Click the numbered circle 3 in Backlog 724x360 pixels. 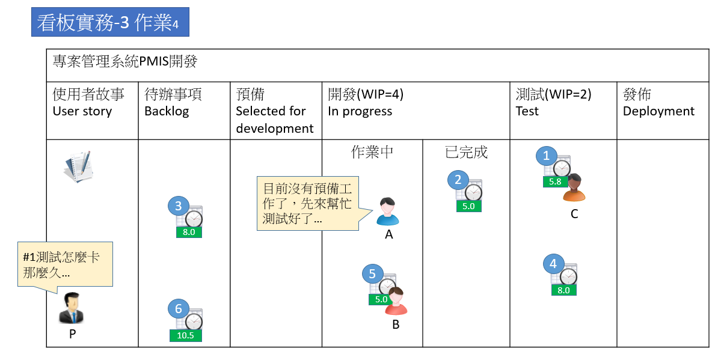[x=178, y=207]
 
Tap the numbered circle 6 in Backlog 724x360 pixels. [x=178, y=310]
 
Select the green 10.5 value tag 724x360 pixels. [x=185, y=335]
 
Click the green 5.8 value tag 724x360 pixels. [x=556, y=182]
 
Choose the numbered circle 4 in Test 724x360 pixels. [x=553, y=264]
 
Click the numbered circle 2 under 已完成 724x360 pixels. [x=458, y=180]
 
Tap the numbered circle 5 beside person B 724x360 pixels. [x=372, y=274]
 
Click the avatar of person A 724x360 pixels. [x=388, y=211]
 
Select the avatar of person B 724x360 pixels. [x=396, y=301]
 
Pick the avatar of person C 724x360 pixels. [x=574, y=188]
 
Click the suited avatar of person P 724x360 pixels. [x=72, y=308]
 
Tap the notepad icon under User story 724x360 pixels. [x=78, y=168]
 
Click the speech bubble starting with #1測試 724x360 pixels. [x=65, y=264]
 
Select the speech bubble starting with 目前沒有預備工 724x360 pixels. [x=307, y=203]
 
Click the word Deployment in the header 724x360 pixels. [x=658, y=111]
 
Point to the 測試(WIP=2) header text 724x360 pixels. [x=553, y=94]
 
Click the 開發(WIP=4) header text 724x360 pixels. [x=366, y=94]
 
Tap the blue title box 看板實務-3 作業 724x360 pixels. [x=110, y=22]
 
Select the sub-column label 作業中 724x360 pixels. [x=372, y=152]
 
